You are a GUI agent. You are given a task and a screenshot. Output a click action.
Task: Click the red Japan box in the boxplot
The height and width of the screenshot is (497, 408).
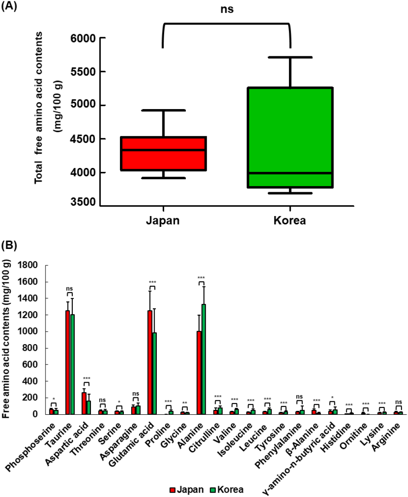click(164, 154)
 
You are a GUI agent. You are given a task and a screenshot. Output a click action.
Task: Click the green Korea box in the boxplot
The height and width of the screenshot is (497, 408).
click(290, 137)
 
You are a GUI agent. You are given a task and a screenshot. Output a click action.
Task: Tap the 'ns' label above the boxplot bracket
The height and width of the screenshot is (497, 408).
click(227, 9)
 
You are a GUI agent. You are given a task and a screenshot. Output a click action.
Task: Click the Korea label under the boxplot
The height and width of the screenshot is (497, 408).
click(290, 221)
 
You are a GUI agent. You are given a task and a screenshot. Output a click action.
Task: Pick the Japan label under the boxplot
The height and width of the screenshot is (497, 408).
click(162, 221)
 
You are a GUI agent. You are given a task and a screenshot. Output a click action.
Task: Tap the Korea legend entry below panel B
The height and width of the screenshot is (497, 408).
click(226, 490)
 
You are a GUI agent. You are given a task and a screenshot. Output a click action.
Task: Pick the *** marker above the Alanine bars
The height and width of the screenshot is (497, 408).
click(201, 278)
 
